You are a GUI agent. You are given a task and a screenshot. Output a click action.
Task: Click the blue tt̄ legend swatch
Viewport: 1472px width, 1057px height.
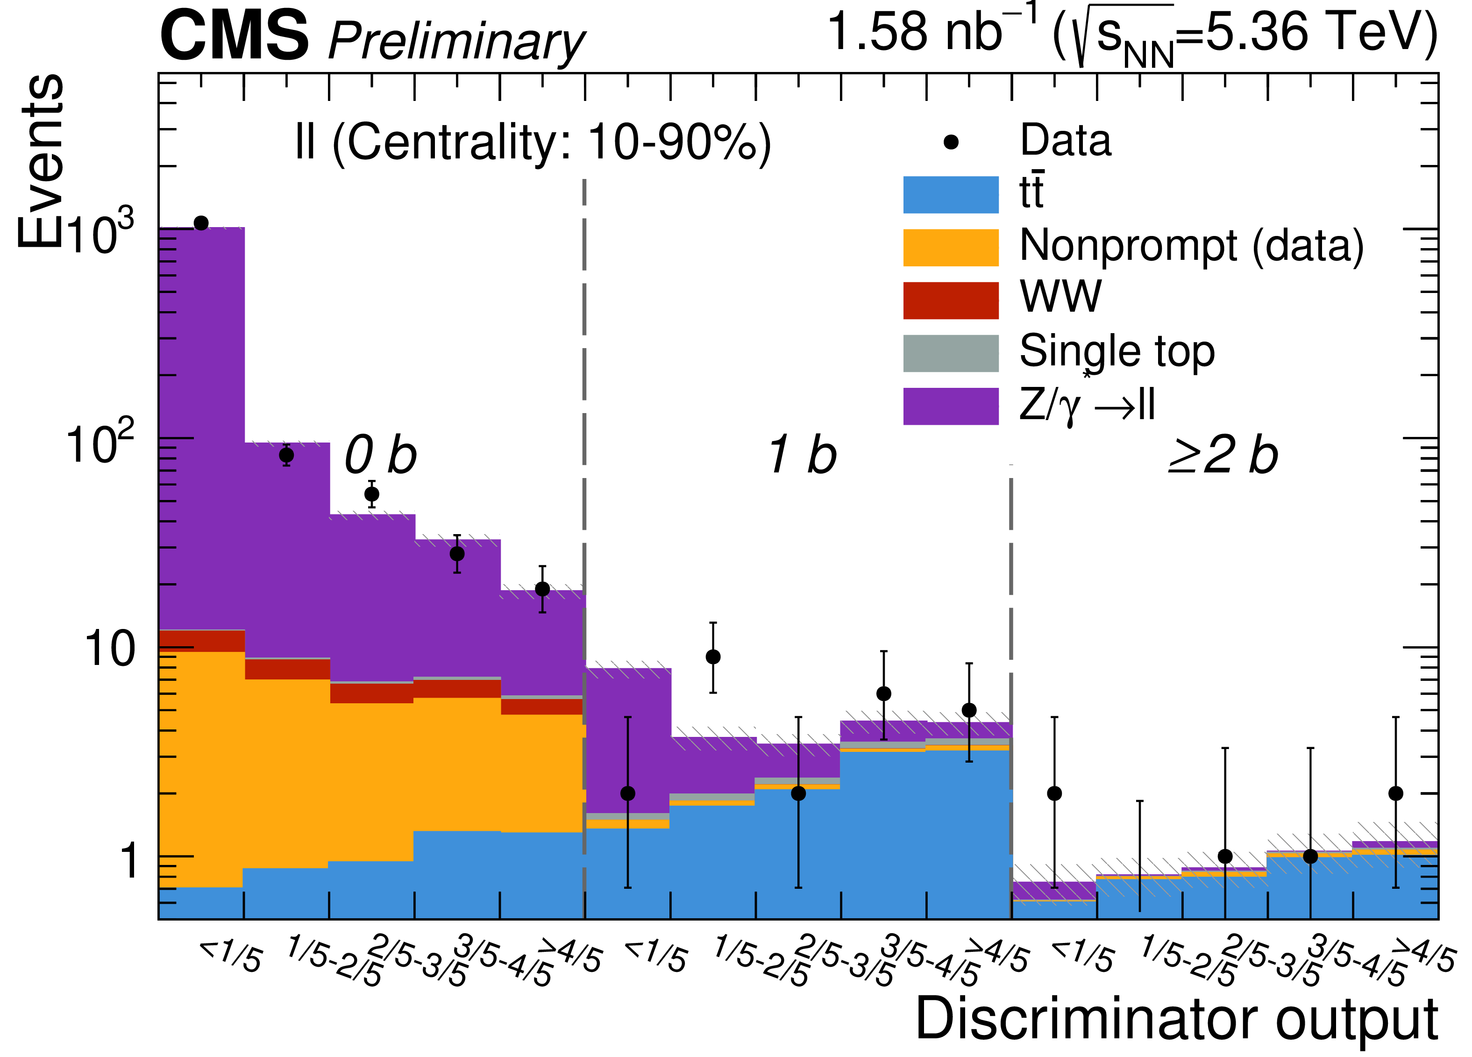[x=950, y=195]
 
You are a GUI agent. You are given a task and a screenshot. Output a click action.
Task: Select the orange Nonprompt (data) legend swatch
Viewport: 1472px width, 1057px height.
[x=950, y=247]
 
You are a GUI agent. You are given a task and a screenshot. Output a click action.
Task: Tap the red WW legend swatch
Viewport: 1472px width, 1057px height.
[x=950, y=300]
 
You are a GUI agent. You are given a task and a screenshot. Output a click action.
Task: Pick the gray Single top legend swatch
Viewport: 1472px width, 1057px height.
[x=950, y=353]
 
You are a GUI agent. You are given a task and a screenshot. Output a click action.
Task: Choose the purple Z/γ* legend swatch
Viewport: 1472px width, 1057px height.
[x=950, y=407]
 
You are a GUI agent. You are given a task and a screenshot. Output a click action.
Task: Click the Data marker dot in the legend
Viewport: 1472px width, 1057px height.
[x=951, y=142]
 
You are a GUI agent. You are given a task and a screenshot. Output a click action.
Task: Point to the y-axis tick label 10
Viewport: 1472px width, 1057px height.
[x=109, y=649]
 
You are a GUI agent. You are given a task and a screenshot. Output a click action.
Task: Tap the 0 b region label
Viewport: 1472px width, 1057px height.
[x=380, y=455]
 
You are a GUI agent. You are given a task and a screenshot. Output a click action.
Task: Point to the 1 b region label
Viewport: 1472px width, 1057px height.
[x=802, y=455]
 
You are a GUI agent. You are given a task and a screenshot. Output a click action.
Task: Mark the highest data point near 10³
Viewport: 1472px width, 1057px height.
[x=201, y=223]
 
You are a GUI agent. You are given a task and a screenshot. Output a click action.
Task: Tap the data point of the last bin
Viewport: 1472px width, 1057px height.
[x=1396, y=793]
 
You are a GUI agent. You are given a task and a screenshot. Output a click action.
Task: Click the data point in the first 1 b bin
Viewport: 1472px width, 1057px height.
[x=627, y=793]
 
